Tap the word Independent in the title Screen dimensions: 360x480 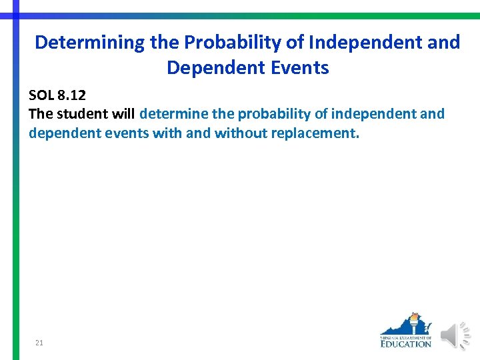[361, 43]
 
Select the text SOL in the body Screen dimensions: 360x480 [42, 95]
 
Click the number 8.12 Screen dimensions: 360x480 [73, 95]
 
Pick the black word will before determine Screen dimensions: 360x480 [125, 114]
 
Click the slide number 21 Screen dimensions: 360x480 [39, 343]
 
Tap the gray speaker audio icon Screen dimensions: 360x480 [457, 335]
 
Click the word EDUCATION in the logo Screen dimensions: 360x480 [406, 344]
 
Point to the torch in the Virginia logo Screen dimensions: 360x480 [415, 323]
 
